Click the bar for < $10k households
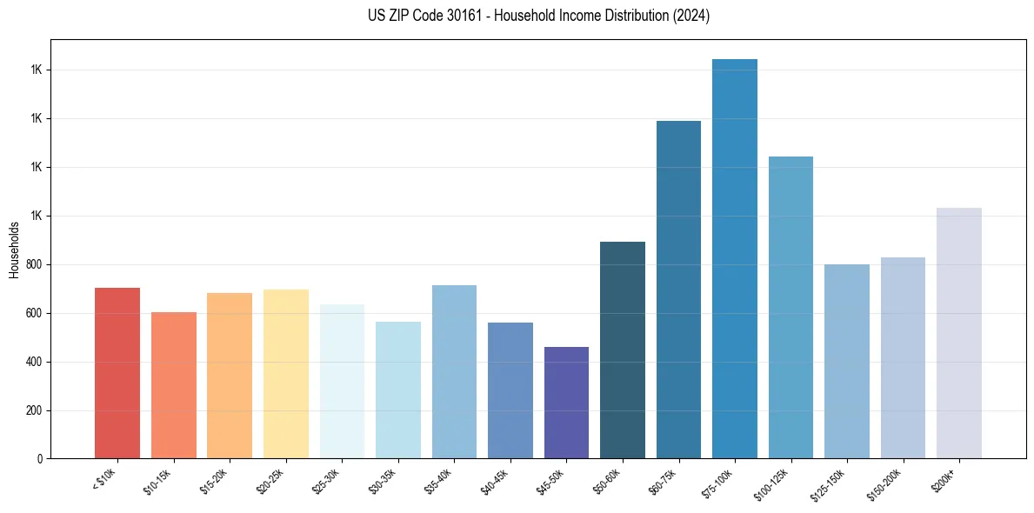click(x=117, y=373)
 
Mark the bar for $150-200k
click(x=903, y=357)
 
